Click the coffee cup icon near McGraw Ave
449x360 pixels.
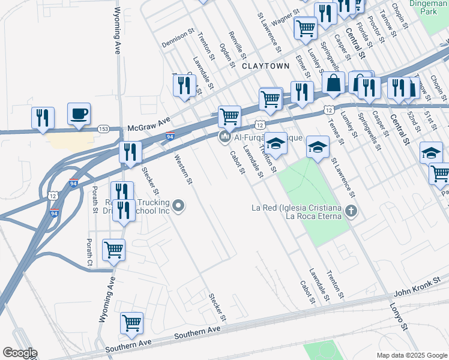click(79, 114)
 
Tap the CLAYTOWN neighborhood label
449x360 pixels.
click(262, 67)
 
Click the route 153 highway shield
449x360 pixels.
click(103, 128)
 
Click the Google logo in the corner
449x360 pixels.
click(19, 353)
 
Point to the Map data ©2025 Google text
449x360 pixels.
click(412, 355)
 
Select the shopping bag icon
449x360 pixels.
click(333, 83)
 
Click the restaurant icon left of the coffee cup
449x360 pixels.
click(43, 118)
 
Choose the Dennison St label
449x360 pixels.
click(178, 37)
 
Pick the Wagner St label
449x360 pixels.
click(286, 19)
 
